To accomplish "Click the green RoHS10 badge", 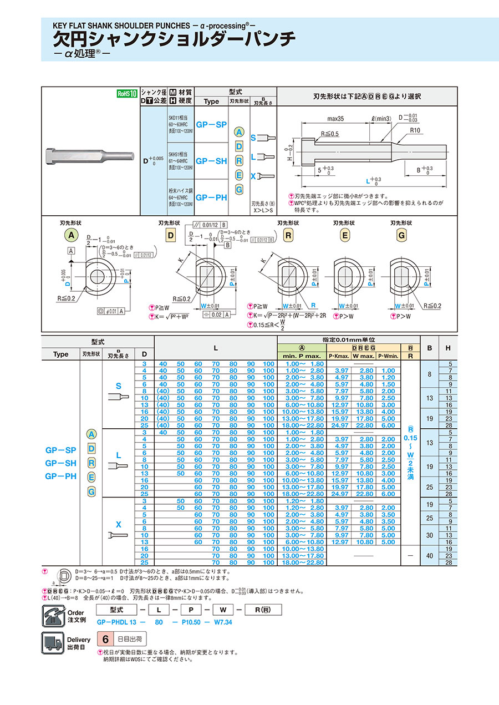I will pos(126,94).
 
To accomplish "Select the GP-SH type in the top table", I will pos(211,161).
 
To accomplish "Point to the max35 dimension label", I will pos(335,119).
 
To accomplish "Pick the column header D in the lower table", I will pos(144,354).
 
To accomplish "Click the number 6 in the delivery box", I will pos(105,640).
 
